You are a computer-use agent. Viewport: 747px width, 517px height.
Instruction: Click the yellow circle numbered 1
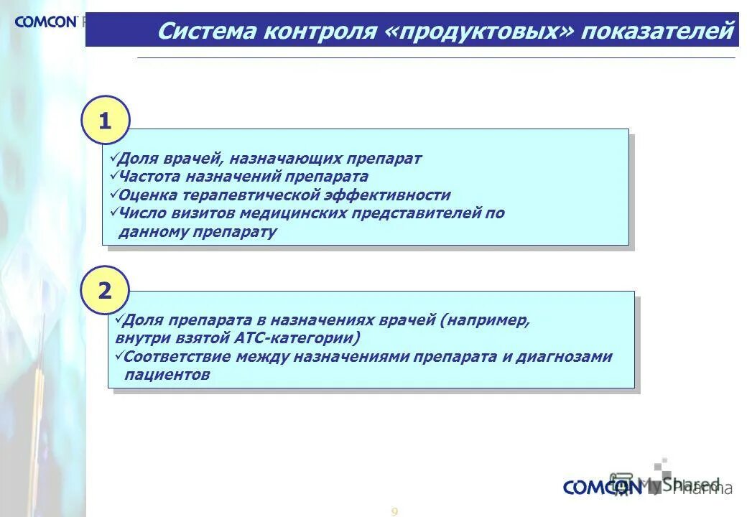point(106,121)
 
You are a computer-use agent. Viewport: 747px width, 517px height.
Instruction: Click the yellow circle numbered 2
point(105,291)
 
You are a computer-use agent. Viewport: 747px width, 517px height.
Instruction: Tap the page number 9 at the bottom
point(394,511)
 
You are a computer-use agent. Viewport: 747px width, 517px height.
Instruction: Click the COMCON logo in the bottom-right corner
point(602,488)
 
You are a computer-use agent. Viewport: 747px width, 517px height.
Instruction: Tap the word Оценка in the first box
point(149,195)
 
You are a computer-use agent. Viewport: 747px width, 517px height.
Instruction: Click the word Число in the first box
point(142,213)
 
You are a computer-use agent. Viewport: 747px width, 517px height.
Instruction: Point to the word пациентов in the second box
point(167,375)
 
